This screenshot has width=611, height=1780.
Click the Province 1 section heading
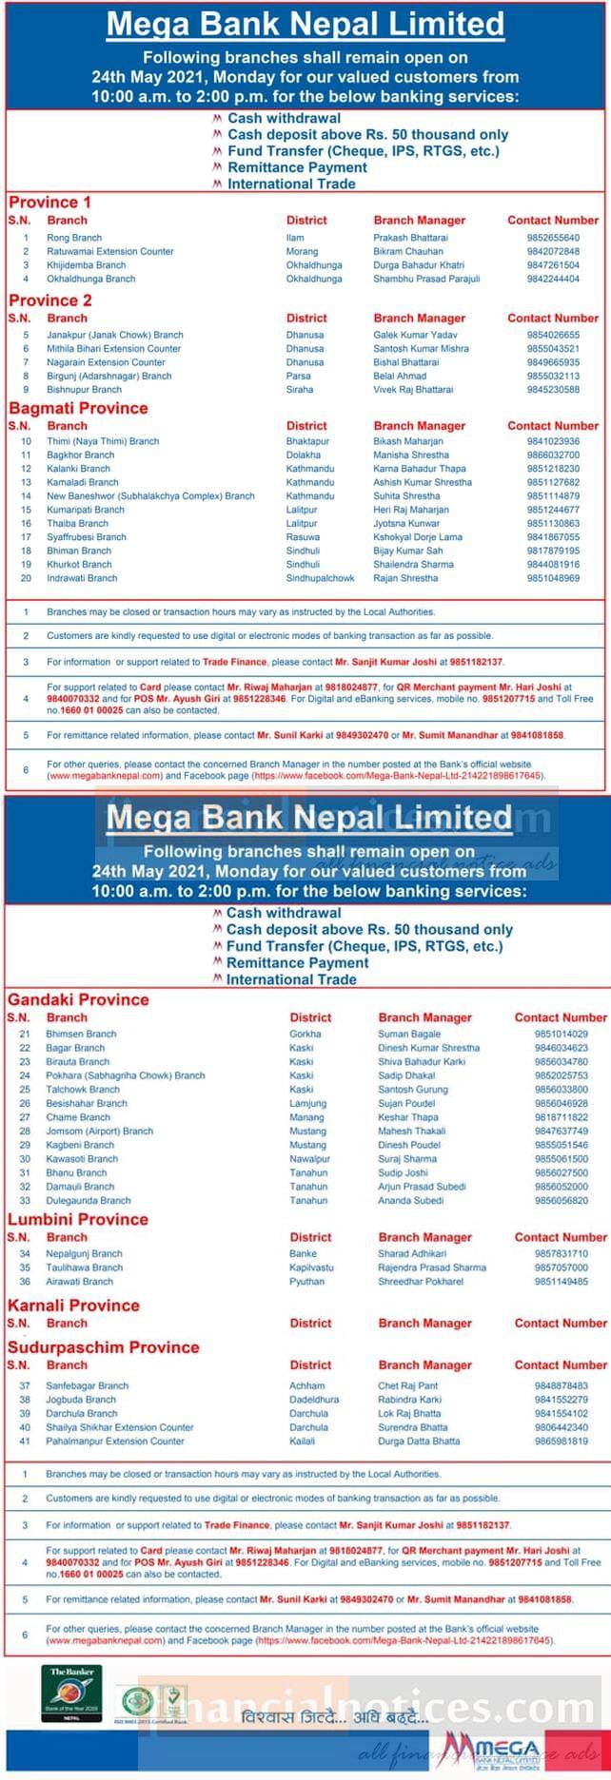(x=50, y=202)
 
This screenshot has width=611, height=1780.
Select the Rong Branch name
(x=74, y=238)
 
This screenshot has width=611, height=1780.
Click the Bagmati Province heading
(x=78, y=408)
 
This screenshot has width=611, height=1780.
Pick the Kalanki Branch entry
(x=79, y=469)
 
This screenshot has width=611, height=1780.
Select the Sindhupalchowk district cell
(x=320, y=578)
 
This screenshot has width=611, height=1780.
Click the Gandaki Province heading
(x=78, y=999)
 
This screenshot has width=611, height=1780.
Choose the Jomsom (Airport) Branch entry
(x=99, y=1132)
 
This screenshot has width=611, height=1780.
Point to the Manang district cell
(x=306, y=1117)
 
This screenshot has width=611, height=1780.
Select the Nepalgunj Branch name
(x=84, y=1254)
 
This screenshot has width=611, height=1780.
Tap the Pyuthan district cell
(x=306, y=1282)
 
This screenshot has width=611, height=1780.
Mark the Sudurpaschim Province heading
(x=103, y=1347)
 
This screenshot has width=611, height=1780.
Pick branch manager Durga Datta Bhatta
(x=419, y=1441)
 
